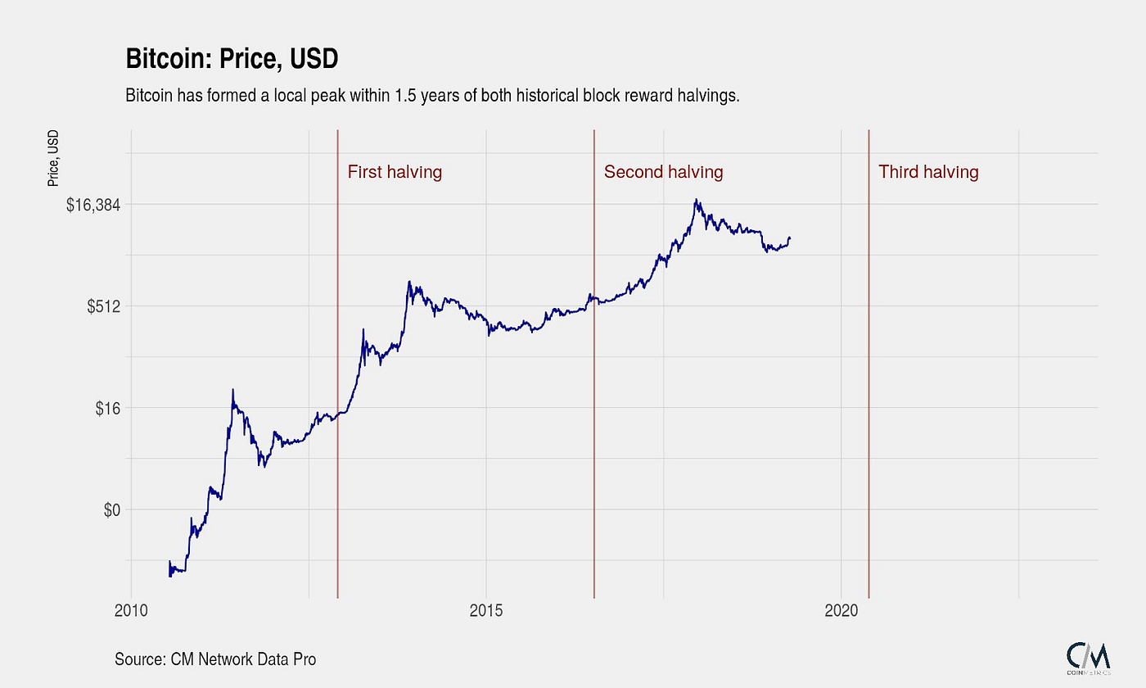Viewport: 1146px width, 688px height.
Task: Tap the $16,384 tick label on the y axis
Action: pyautogui.click(x=93, y=205)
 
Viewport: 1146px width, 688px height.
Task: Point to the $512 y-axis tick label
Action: pyautogui.click(x=104, y=306)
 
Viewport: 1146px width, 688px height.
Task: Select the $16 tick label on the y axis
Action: pyautogui.click(x=109, y=408)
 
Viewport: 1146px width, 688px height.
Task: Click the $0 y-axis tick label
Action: pyautogui.click(x=112, y=509)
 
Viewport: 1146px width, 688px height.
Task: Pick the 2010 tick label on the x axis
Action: pyautogui.click(x=131, y=610)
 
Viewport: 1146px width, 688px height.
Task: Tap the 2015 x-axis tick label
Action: pyautogui.click(x=486, y=610)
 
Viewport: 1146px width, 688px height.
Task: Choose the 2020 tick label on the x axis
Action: pyautogui.click(x=841, y=610)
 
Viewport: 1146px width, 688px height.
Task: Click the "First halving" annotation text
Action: pyautogui.click(x=395, y=172)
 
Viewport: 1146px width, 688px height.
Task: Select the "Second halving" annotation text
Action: pyautogui.click(x=663, y=172)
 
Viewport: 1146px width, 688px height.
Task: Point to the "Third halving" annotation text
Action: pyautogui.click(x=928, y=172)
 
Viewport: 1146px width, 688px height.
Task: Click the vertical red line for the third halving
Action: pyautogui.click(x=869, y=369)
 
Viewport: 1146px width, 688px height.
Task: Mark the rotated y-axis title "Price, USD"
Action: pyautogui.click(x=53, y=157)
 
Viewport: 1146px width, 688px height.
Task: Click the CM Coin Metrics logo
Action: pyautogui.click(x=1088, y=656)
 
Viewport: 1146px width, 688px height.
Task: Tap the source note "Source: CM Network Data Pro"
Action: pyautogui.click(x=215, y=659)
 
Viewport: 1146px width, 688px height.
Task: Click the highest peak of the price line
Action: pyautogui.click(x=696, y=199)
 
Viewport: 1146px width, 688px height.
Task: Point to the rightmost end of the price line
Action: pyautogui.click(x=790, y=238)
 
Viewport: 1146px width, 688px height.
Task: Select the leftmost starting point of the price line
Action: pyautogui.click(x=169, y=575)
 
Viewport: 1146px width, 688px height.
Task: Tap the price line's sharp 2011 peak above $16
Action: pyautogui.click(x=232, y=390)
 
